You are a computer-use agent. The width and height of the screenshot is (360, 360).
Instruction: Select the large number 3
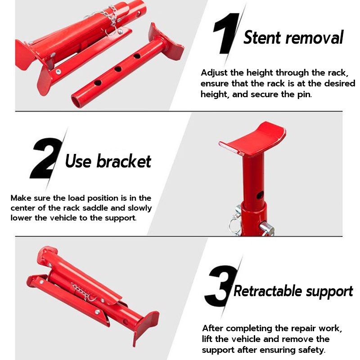(221, 286)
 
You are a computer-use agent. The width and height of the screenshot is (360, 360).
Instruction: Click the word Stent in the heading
(262, 37)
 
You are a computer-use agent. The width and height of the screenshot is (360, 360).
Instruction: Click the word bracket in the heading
(123, 161)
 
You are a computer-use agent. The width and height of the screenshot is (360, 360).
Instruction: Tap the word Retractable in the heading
(267, 291)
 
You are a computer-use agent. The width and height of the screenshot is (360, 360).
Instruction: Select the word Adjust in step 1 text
(214, 73)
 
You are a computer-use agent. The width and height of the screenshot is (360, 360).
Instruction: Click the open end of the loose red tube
(76, 100)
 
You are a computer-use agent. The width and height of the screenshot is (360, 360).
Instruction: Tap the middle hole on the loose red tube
(118, 69)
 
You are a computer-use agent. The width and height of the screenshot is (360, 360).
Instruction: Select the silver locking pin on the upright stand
(267, 228)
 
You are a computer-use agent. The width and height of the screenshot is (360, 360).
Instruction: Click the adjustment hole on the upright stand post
(260, 195)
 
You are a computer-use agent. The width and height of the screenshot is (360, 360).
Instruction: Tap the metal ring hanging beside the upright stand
(234, 226)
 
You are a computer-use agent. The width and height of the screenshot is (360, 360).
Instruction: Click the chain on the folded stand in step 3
(82, 292)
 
